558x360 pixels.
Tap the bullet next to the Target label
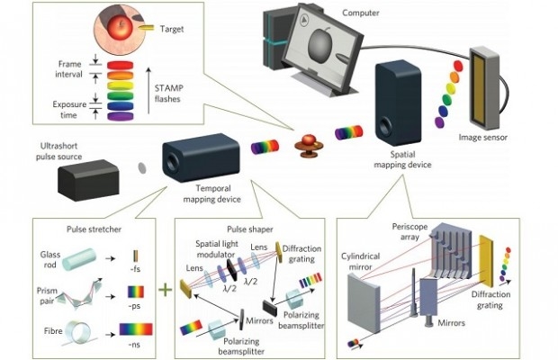tap(146, 28)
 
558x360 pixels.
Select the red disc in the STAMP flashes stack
tap(121, 65)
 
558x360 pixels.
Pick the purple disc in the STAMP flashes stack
tap(121, 116)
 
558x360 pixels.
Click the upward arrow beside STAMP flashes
tap(148, 90)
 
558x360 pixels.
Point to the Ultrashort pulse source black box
tap(88, 180)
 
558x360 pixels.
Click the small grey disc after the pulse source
tap(142, 168)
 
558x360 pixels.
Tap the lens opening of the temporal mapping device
tap(173, 162)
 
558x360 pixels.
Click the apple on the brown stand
tap(310, 140)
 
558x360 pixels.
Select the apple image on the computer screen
tap(319, 46)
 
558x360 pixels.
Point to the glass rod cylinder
tap(79, 259)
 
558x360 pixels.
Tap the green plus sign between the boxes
tap(165, 290)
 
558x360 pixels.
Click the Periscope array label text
tap(410, 231)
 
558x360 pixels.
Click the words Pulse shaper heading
tap(250, 229)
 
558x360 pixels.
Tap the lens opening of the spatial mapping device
tap(384, 126)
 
